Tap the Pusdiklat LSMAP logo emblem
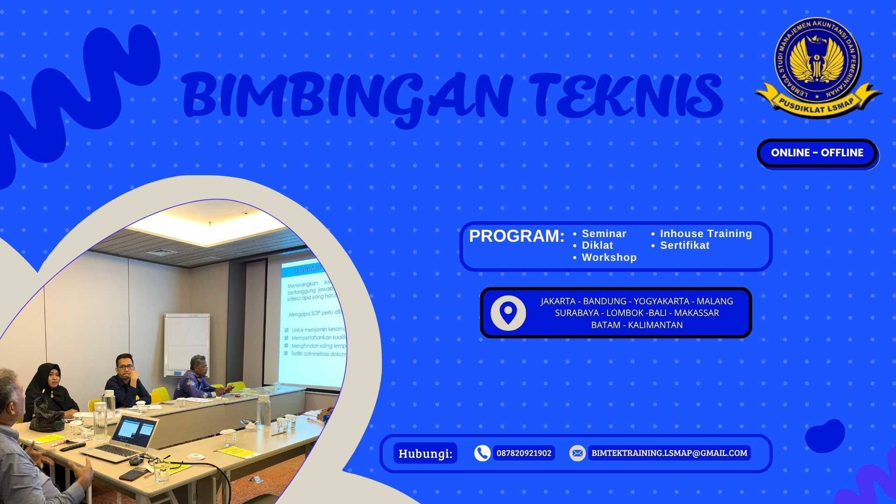pos(818,69)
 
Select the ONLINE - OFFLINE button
pos(817,153)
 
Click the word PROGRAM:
pos(517,236)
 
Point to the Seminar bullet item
pos(604,234)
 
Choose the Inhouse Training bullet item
pos(706,234)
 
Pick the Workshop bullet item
pos(609,258)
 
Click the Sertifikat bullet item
pos(685,245)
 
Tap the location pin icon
pos(508,313)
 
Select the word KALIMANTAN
pos(655,325)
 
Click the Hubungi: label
pos(425,453)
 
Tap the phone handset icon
pos(482,453)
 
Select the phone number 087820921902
pos(524,453)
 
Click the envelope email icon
pos(577,453)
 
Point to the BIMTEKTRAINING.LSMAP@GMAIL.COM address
pos(669,453)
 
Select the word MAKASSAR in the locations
pos(696,313)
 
